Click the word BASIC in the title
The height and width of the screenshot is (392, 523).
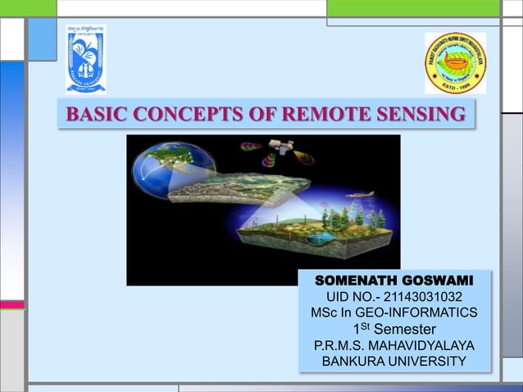click(x=93, y=115)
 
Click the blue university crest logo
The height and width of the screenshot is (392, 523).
click(x=86, y=60)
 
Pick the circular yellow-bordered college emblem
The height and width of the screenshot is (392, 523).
click(x=455, y=63)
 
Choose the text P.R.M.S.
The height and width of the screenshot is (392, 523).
click(x=340, y=345)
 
